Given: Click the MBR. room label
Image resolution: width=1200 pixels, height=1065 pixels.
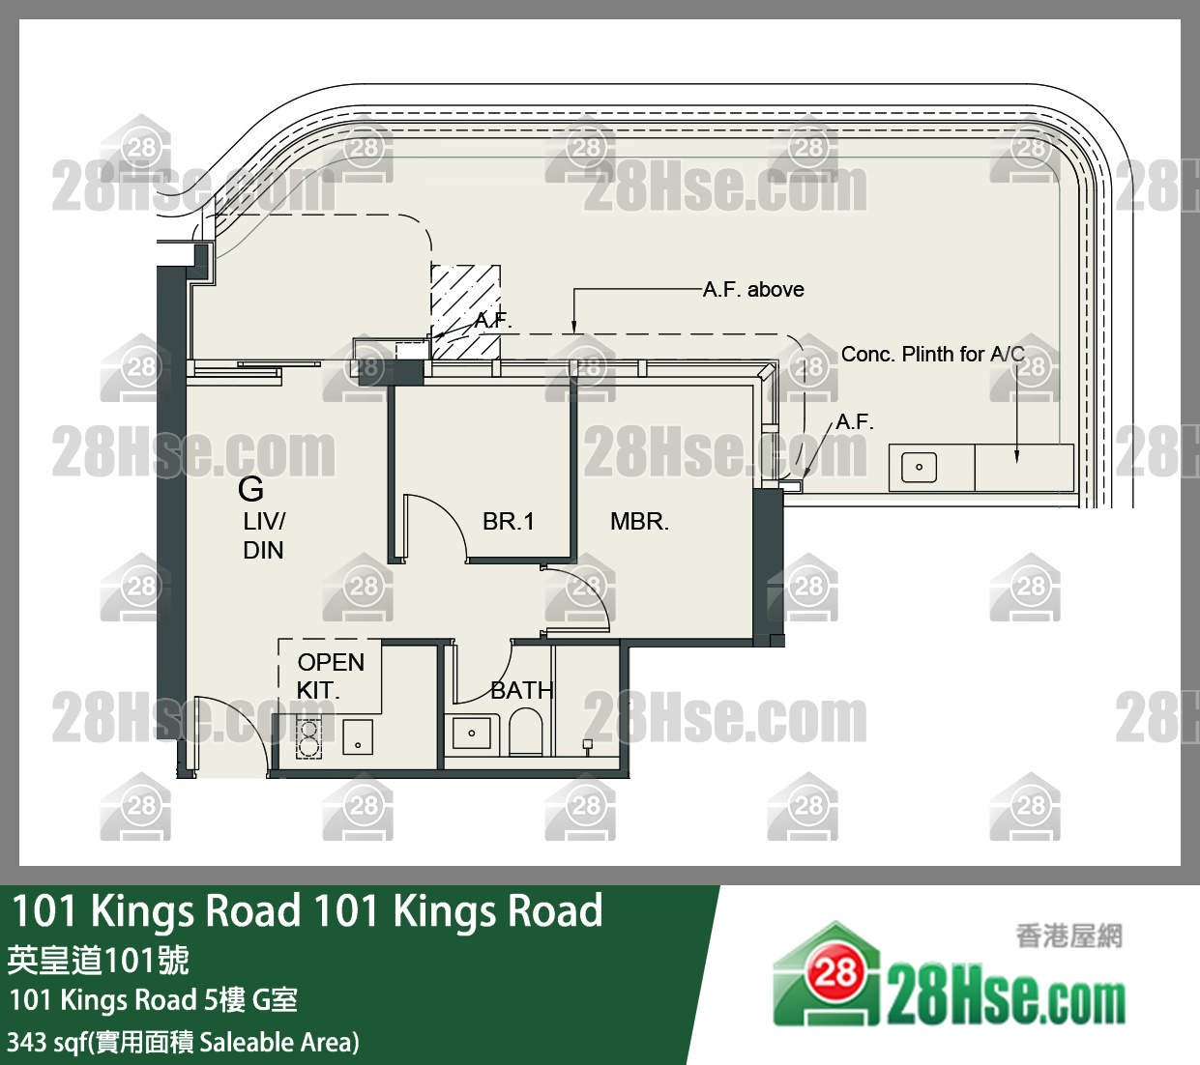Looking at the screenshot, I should point(639,522).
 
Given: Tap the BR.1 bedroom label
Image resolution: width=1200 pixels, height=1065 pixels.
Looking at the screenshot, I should point(508,522).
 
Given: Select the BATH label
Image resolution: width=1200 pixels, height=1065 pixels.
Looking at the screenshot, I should point(521,690).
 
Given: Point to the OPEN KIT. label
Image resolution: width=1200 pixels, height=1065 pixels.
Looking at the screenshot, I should point(330,676).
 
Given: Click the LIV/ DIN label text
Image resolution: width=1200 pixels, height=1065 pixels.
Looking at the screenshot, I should point(263,535).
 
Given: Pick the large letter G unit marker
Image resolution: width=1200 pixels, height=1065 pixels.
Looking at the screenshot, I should point(250,489).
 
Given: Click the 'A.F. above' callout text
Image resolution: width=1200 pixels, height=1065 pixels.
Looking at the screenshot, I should point(753,290).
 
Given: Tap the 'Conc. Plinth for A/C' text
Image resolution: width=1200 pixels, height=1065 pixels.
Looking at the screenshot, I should point(932,355).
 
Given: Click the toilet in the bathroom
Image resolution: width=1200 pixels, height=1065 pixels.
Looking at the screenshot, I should point(526,732).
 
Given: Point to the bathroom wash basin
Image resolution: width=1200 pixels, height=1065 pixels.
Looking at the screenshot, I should point(472,734).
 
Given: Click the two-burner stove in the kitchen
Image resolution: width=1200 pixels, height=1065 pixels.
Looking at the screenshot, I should point(308,736).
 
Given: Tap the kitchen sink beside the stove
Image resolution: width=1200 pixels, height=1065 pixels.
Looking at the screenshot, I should point(358,737).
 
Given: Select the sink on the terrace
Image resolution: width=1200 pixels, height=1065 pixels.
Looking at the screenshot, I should point(919,468).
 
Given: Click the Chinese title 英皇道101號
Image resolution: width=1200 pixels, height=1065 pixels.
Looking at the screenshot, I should point(98,960).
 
